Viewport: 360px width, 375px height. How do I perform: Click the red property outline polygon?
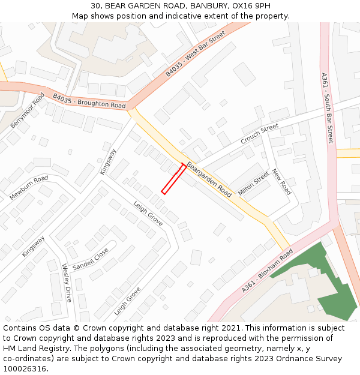tap(173, 178)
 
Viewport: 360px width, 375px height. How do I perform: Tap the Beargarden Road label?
tap(209, 179)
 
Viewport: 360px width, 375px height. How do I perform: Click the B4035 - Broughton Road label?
tap(89, 101)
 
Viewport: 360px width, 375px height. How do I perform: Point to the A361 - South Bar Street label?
tap(327, 108)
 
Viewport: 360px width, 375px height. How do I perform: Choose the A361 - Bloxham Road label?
tap(267, 271)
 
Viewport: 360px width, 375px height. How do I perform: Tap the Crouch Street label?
tap(260, 133)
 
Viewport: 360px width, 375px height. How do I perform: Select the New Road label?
tap(281, 182)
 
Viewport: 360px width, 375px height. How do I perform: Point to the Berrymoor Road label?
tap(28, 110)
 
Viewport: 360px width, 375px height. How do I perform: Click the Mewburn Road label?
tap(28, 188)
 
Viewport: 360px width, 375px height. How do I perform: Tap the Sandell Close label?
tap(91, 259)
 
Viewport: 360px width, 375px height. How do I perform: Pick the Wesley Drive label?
tap(67, 282)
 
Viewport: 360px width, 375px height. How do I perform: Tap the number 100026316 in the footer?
tap(24, 368)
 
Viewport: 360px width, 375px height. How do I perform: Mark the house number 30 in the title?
tap(96, 6)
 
